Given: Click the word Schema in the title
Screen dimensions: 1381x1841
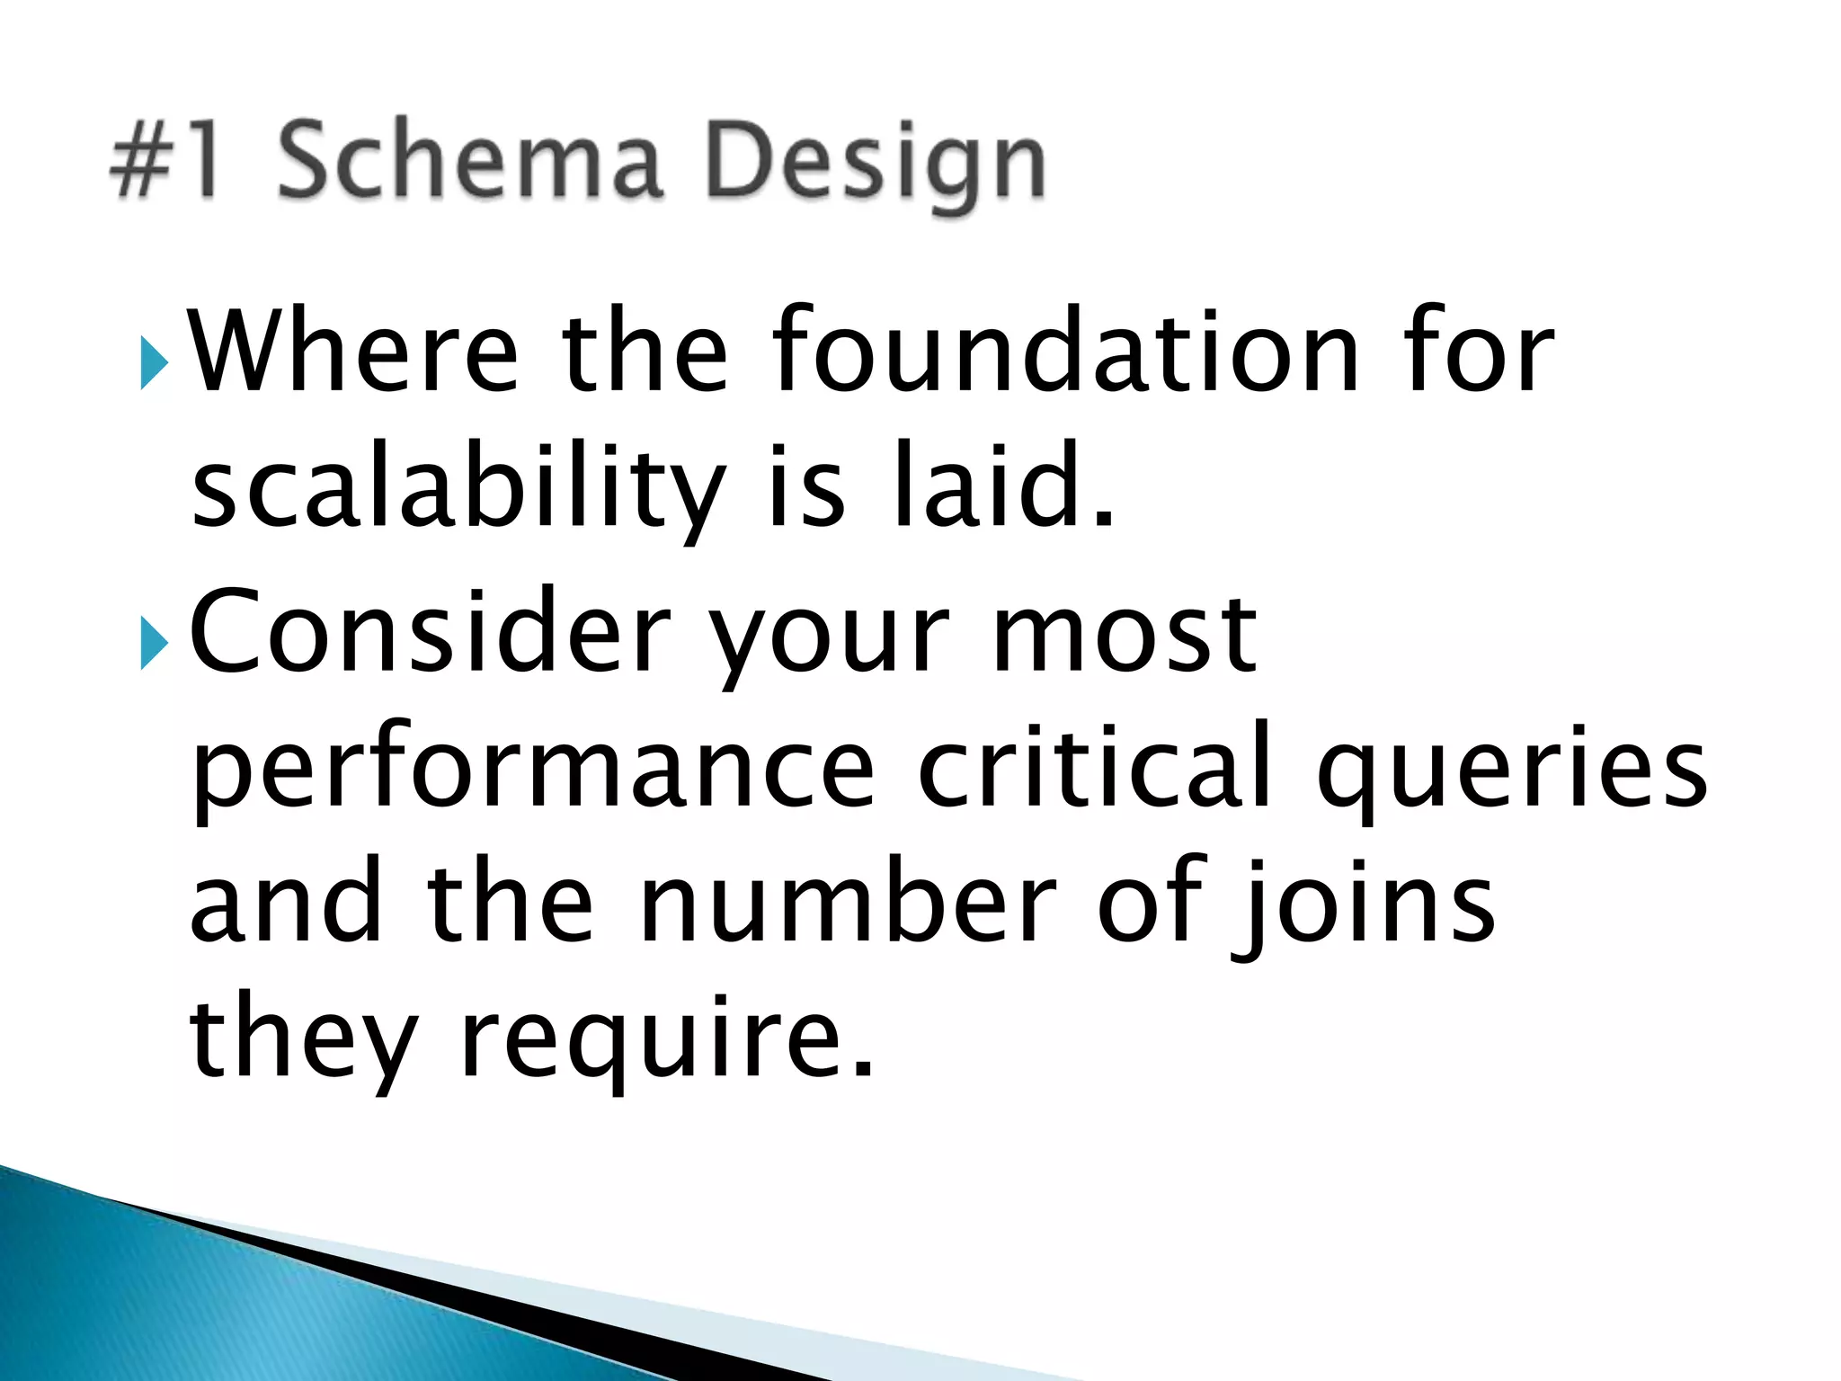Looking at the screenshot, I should (x=469, y=162).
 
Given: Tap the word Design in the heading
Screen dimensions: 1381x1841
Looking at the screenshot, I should (x=876, y=166).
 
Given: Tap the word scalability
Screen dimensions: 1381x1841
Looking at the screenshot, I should (x=458, y=490).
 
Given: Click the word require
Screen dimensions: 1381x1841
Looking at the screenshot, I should (x=665, y=1043).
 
